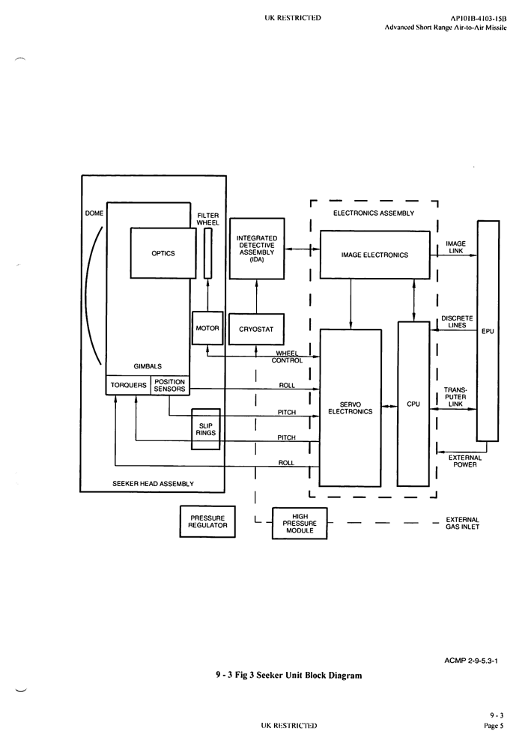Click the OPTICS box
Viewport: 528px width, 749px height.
click(163, 253)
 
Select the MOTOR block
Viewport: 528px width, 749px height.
click(207, 328)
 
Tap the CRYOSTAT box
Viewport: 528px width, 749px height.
click(256, 329)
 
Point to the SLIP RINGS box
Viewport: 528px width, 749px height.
click(206, 429)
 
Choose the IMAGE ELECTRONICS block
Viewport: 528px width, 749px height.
click(374, 255)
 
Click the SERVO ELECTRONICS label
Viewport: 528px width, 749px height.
click(351, 407)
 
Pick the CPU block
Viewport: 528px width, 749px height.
click(413, 404)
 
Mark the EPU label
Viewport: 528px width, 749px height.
click(488, 331)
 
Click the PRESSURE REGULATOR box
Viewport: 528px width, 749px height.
click(207, 521)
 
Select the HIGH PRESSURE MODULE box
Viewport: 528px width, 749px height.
click(300, 523)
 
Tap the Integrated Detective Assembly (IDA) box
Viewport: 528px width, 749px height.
click(256, 249)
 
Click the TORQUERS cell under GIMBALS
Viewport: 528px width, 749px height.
click(128, 385)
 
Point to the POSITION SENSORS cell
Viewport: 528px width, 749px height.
click(169, 385)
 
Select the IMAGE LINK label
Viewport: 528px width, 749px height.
click(455, 247)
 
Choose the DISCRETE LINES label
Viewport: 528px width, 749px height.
click(457, 322)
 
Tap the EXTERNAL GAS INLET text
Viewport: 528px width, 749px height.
click(462, 523)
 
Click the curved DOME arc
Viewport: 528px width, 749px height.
click(93, 292)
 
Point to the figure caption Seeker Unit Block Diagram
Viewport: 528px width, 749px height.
click(288, 675)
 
